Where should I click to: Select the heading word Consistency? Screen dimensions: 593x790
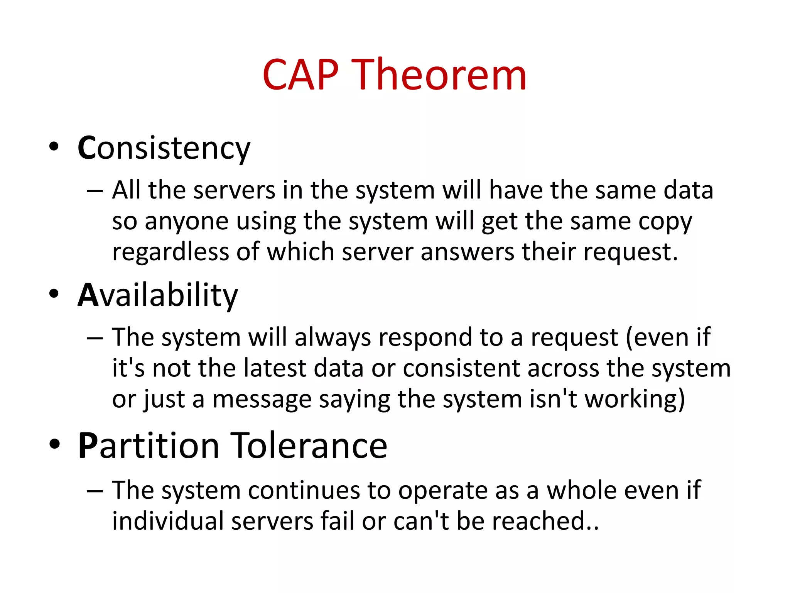pyautogui.click(x=164, y=149)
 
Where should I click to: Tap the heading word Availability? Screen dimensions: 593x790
pyautogui.click(x=158, y=295)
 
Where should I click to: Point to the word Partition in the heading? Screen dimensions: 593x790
pyautogui.click(x=149, y=446)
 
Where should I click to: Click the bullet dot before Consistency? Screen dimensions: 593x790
pyautogui.click(x=54, y=147)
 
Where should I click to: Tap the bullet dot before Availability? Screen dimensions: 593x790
pyautogui.click(x=54, y=294)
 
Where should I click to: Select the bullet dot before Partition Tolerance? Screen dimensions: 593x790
pyautogui.click(x=54, y=444)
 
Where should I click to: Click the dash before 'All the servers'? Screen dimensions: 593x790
pyautogui.click(x=95, y=191)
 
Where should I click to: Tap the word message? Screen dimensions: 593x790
pyautogui.click(x=262, y=400)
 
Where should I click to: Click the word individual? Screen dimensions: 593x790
pyautogui.click(x=168, y=521)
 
